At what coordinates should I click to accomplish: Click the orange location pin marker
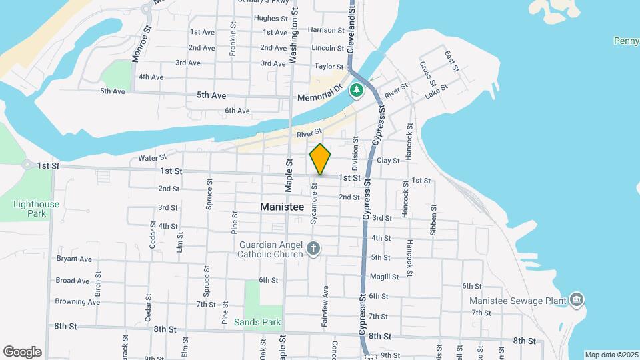(320, 160)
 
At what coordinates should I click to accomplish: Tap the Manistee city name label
(282, 207)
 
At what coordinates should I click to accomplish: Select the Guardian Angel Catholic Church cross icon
(313, 250)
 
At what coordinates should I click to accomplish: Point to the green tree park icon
(357, 90)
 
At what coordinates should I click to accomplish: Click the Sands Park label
(257, 323)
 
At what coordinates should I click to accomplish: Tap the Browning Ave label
(77, 302)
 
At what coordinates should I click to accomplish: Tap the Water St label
(152, 158)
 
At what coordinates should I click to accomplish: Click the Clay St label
(388, 161)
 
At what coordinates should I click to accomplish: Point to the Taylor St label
(328, 67)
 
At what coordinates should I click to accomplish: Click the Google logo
(22, 351)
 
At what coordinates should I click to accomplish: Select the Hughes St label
(270, 19)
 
